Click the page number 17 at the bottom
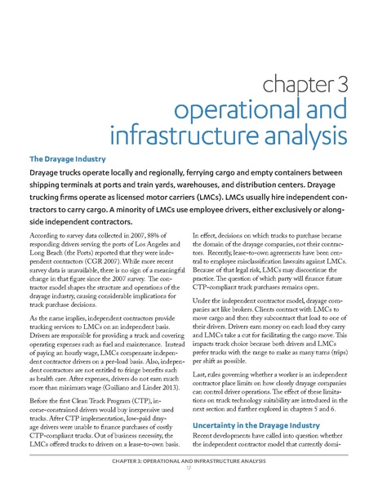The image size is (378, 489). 189,478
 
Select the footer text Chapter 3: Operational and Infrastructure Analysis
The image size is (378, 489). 189,471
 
